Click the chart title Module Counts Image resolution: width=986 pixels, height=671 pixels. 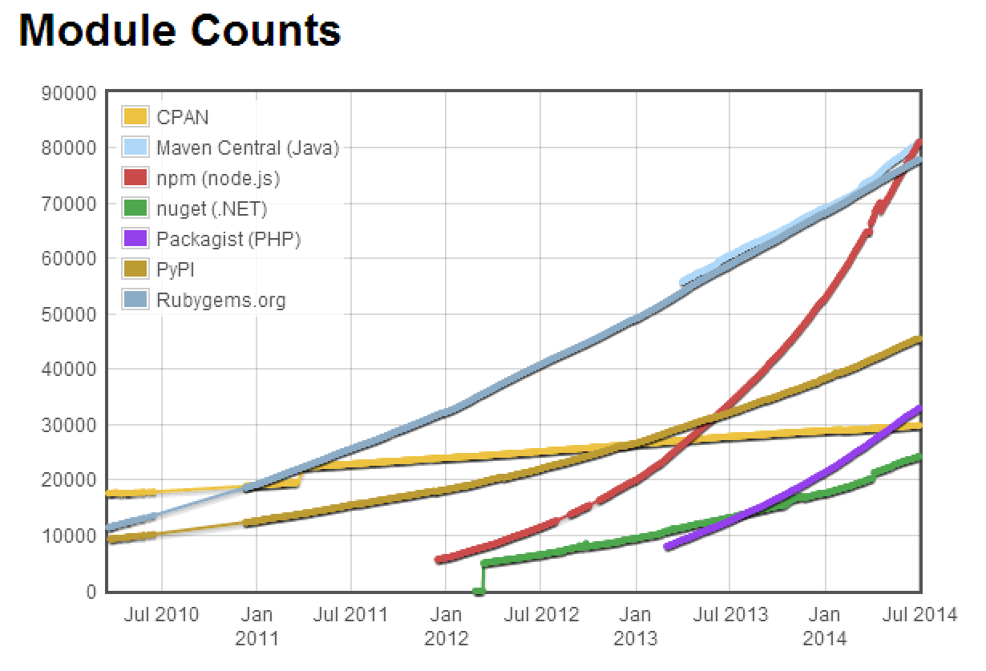tap(180, 31)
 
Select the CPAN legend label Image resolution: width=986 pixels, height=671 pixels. tap(183, 117)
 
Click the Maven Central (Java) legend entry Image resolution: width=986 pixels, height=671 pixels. tap(248, 148)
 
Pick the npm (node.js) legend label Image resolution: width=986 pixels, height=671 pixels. tap(218, 178)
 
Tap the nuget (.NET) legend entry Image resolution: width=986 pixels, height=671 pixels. tap(212, 209)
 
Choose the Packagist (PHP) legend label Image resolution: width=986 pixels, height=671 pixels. tap(228, 240)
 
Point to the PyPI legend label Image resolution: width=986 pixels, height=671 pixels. tap(176, 270)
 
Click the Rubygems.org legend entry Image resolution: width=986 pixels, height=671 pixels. tap(221, 301)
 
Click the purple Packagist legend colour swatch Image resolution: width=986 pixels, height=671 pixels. tap(135, 240)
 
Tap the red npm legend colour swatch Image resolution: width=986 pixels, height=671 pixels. tap(135, 178)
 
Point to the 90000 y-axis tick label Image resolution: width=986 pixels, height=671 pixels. tap(67, 93)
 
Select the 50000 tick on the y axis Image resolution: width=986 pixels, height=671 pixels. tap(67, 314)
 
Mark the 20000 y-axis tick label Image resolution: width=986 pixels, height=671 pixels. tap(67, 480)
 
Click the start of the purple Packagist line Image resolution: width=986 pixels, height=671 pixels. tap(667, 547)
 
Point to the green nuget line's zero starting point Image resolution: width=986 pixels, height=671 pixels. tap(479, 591)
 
